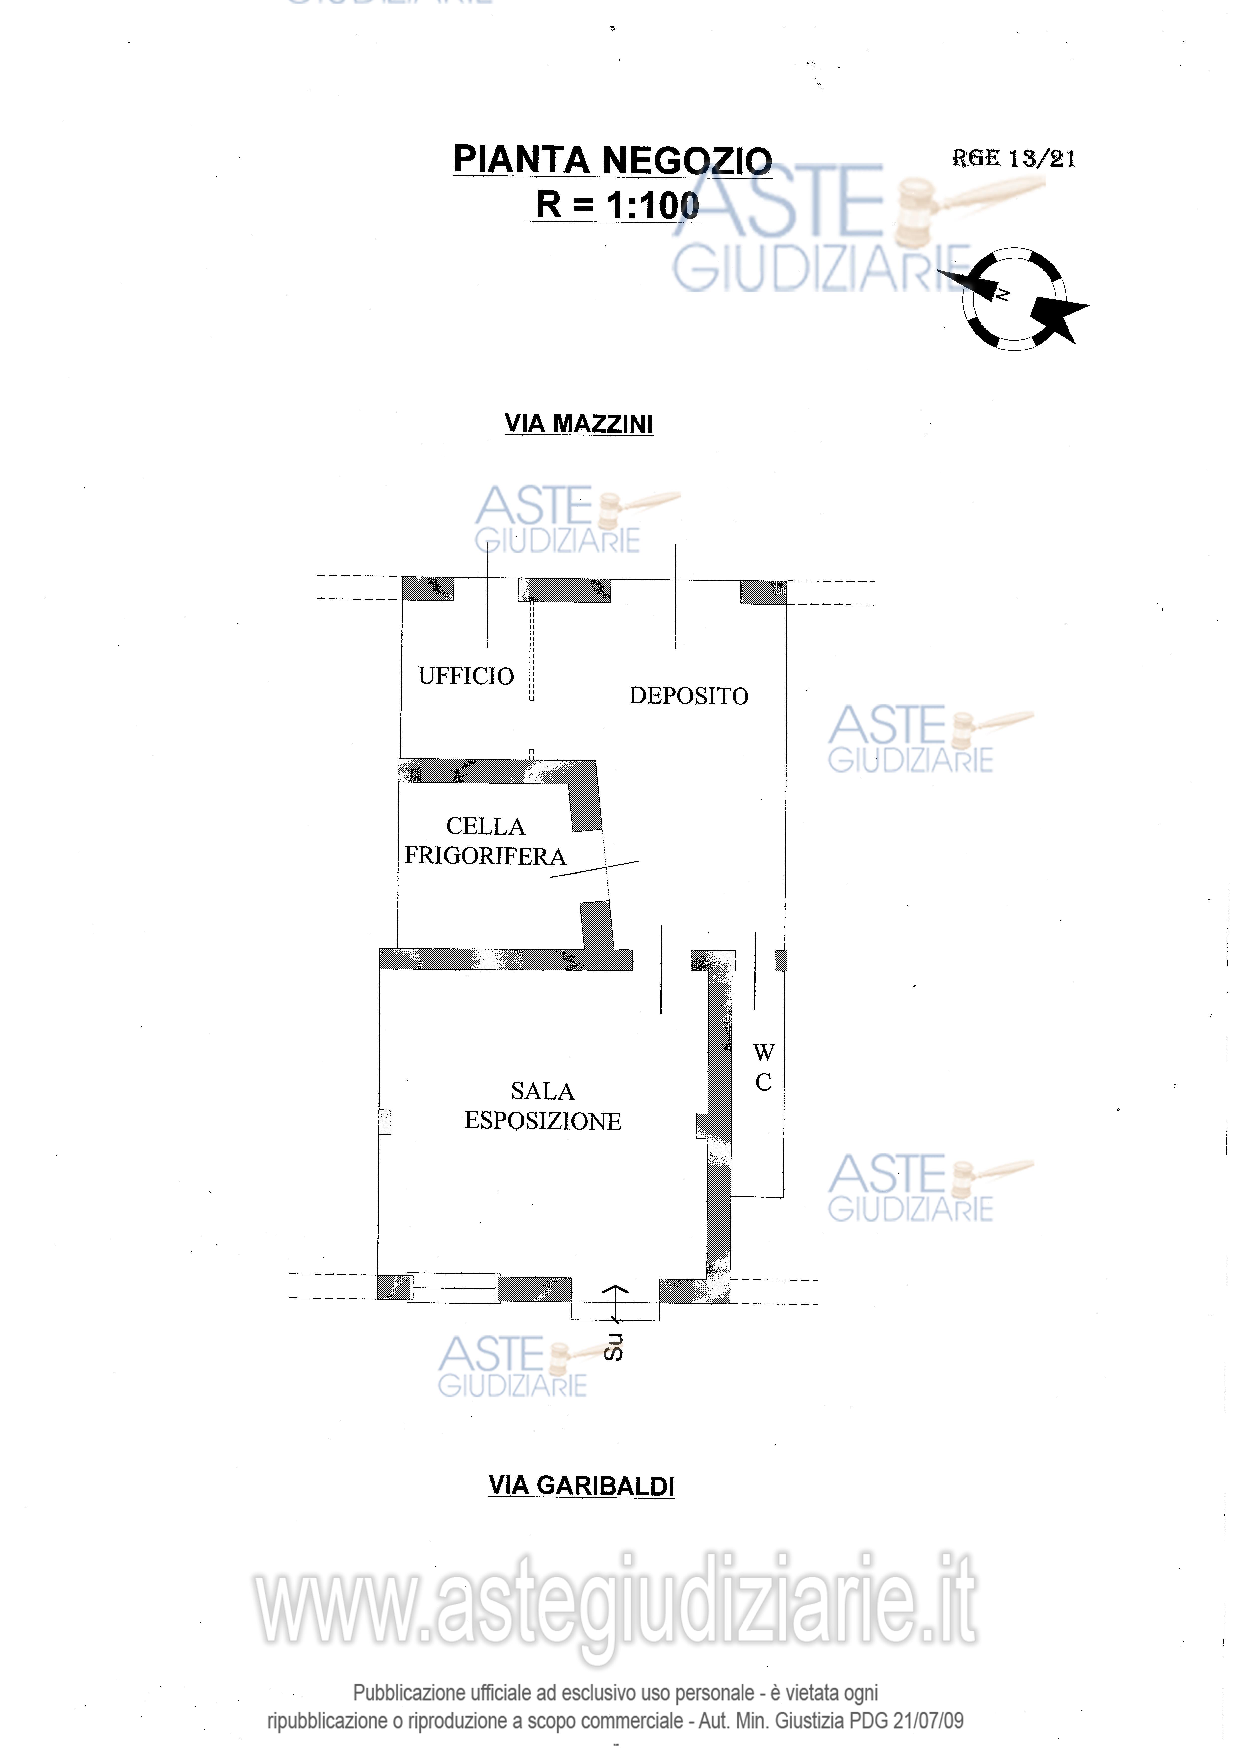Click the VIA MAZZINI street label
[x=579, y=424]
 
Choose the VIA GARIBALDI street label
[x=582, y=1485]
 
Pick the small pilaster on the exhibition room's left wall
[x=385, y=1122]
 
